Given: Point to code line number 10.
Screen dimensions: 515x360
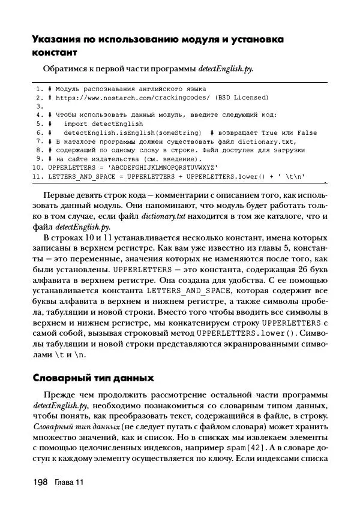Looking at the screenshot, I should (37, 168).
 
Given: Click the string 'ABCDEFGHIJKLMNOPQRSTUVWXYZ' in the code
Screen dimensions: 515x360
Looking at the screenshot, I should (164, 168).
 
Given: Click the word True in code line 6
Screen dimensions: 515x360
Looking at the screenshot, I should (271, 132).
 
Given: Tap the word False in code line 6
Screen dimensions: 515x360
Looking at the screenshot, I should (307, 132).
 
